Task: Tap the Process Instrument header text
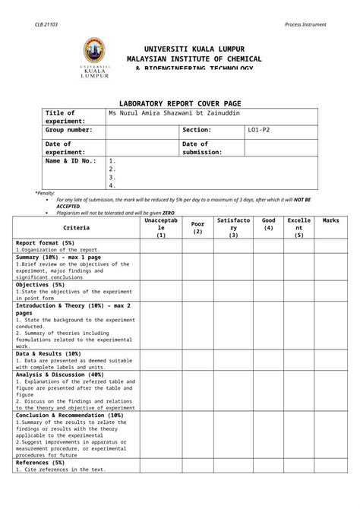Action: tap(305, 24)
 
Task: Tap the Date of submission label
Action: tap(201, 147)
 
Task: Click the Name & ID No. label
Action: tap(71, 161)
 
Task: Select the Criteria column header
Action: tap(76, 227)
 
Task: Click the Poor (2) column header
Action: tap(197, 227)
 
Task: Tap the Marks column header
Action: tap(330, 220)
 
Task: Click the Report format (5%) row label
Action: tap(45, 242)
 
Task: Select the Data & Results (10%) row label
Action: tap(48, 353)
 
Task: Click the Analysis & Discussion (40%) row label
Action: tap(59, 375)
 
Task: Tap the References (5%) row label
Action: tap(40, 462)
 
